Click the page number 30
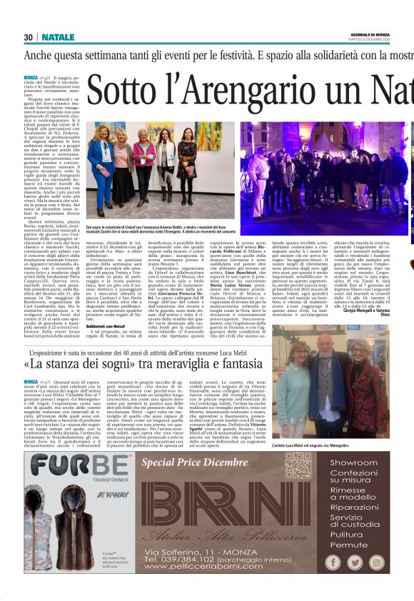point(29,37)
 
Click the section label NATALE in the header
point(58,37)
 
